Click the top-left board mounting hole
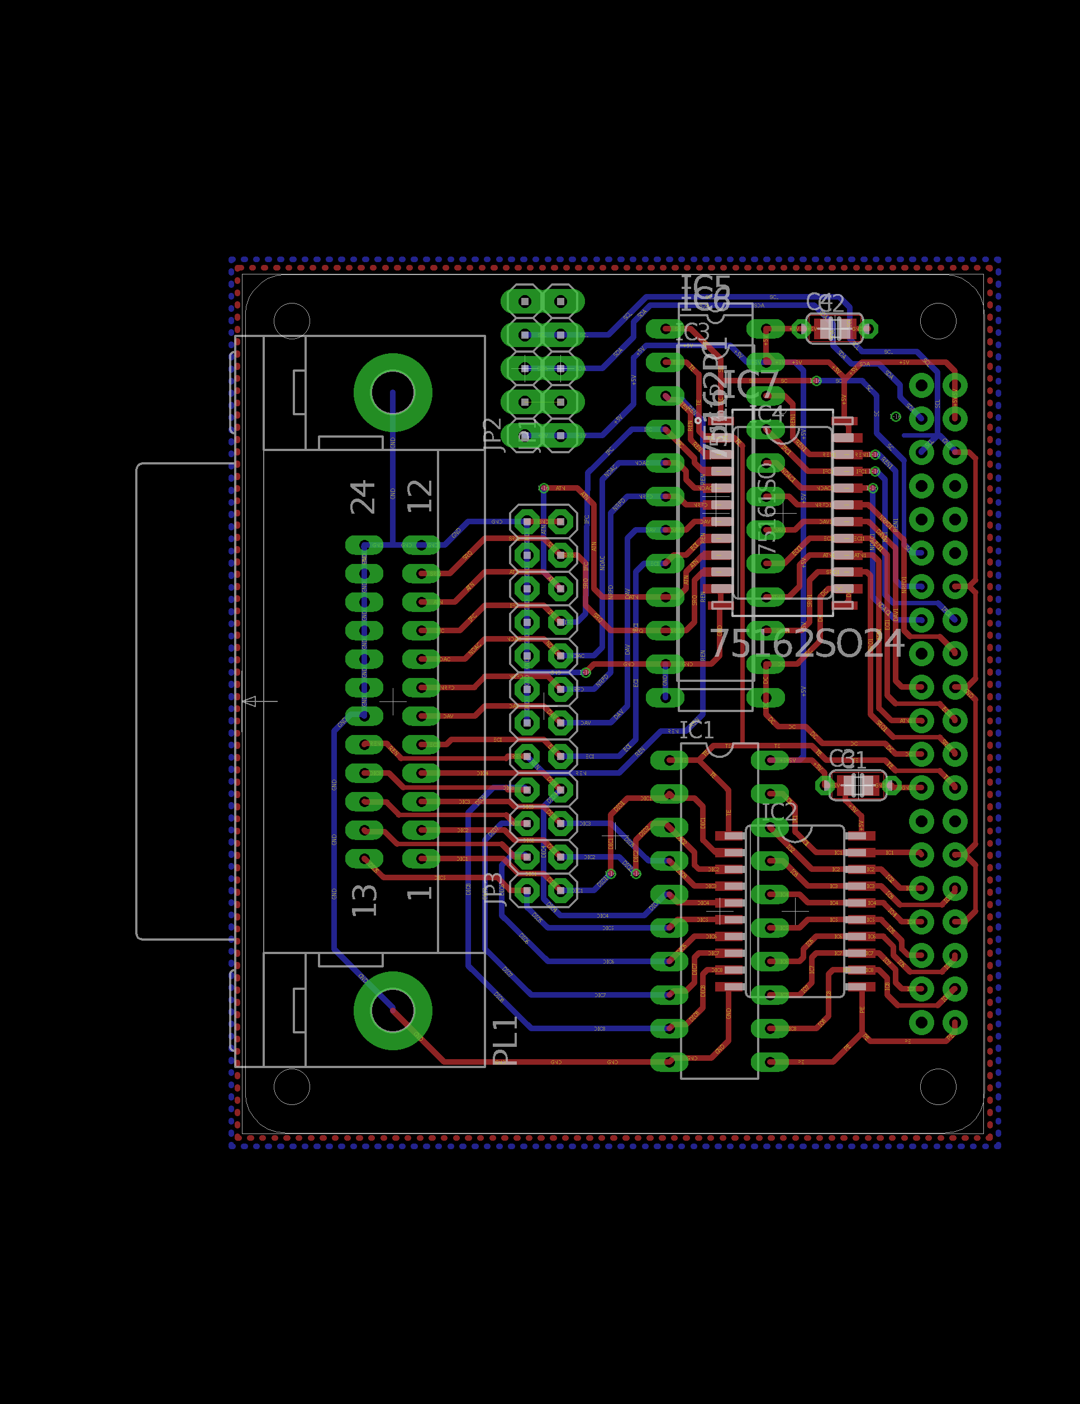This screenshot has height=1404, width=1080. pos(292,320)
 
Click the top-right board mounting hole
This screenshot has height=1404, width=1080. pos(938,320)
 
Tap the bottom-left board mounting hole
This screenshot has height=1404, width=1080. pos(292,1087)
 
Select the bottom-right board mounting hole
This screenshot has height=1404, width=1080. pos(938,1087)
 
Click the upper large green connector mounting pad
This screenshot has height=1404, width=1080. pos(393,392)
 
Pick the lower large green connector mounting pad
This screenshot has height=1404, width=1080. pos(393,1010)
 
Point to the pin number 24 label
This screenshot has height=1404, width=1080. pos(363,496)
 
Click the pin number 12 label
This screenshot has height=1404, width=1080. pos(420,496)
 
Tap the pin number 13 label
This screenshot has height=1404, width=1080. pos(364,899)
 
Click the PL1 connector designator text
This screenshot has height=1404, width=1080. pos(505,1041)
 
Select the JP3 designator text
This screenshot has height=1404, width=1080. pos(493,889)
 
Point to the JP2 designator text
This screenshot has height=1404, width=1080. pos(492,435)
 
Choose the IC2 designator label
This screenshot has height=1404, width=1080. pos(779,812)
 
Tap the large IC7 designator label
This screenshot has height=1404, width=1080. pos(751,384)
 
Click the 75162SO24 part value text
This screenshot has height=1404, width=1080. pos(807,643)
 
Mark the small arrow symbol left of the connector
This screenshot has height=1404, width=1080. pos(250,701)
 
